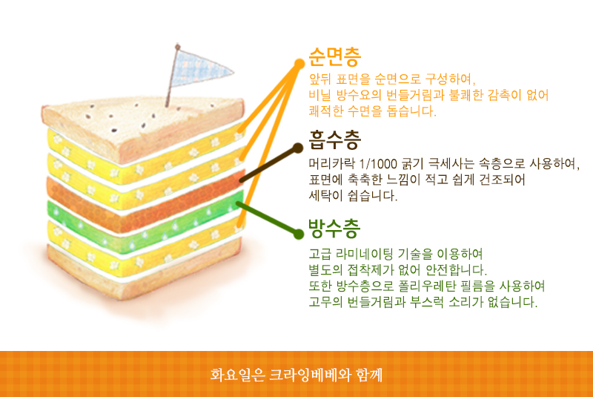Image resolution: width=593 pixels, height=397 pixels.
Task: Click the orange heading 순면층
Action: [335, 57]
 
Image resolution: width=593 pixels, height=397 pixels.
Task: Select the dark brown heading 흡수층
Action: [335, 140]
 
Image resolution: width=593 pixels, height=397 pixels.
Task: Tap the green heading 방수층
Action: [334, 228]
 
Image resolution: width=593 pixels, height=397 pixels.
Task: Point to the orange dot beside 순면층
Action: [299, 64]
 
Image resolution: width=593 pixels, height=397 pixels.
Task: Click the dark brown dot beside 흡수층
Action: [299, 148]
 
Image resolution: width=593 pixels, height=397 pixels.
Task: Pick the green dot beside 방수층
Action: [299, 234]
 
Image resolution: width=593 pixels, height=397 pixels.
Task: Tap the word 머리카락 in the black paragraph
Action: [332, 164]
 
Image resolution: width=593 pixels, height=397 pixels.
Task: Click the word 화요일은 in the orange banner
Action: [237, 375]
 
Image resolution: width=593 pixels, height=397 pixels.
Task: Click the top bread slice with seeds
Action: [142, 127]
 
